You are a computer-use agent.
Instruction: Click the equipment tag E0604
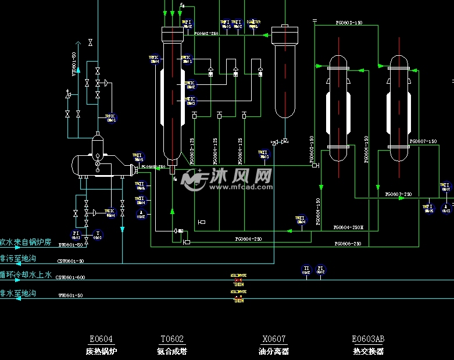tap(101, 340)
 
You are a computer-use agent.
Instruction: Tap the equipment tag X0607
tap(274, 340)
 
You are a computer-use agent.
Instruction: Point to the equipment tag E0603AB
tap(368, 340)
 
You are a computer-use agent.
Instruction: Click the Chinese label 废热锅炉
tap(101, 351)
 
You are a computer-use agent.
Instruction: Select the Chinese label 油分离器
tap(274, 351)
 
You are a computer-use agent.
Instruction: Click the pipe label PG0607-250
tap(399, 194)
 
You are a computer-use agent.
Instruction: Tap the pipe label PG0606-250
tap(348, 244)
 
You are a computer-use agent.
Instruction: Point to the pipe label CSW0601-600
tap(70, 277)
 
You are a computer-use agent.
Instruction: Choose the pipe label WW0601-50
tap(70, 295)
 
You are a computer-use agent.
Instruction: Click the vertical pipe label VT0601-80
tap(74, 64)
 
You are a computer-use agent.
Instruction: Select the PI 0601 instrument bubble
tap(76, 235)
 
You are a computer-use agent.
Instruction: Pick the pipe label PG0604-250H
tap(348, 227)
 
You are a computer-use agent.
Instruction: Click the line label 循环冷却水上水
tap(26, 275)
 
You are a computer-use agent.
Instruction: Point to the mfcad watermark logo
tap(227, 179)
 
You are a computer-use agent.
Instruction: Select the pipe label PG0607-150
tap(423, 141)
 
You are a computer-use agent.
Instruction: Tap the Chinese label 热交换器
tap(368, 351)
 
